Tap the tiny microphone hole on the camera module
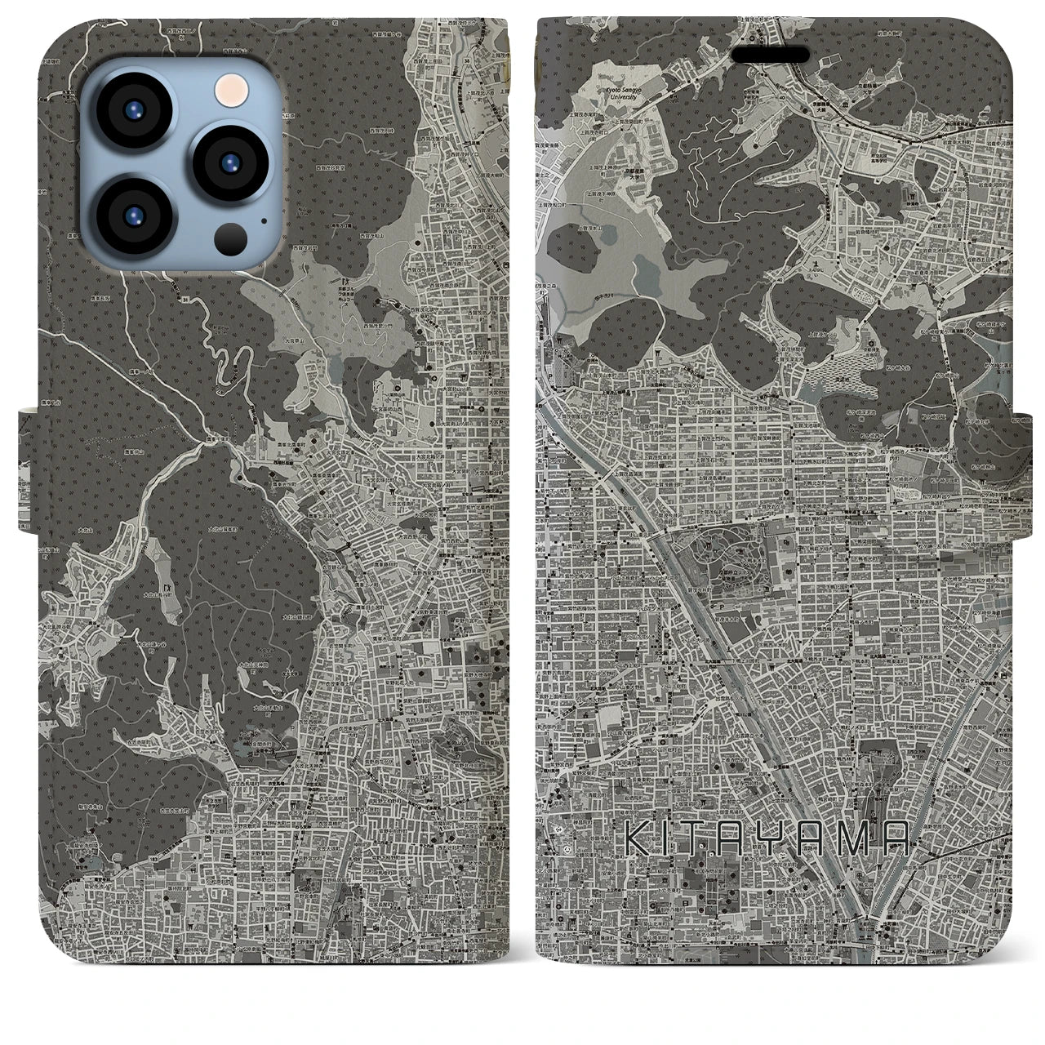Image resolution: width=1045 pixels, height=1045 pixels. coord(263,220)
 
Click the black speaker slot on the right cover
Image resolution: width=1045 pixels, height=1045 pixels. coord(770,54)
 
